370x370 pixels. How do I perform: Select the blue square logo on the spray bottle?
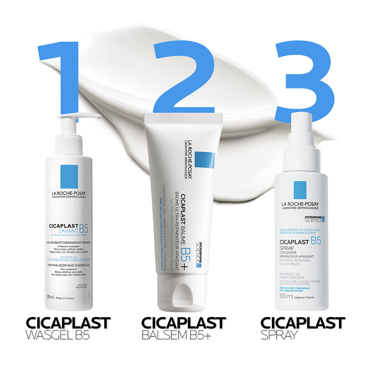coord(300,190)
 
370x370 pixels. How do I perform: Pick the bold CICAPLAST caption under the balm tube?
coord(184,323)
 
